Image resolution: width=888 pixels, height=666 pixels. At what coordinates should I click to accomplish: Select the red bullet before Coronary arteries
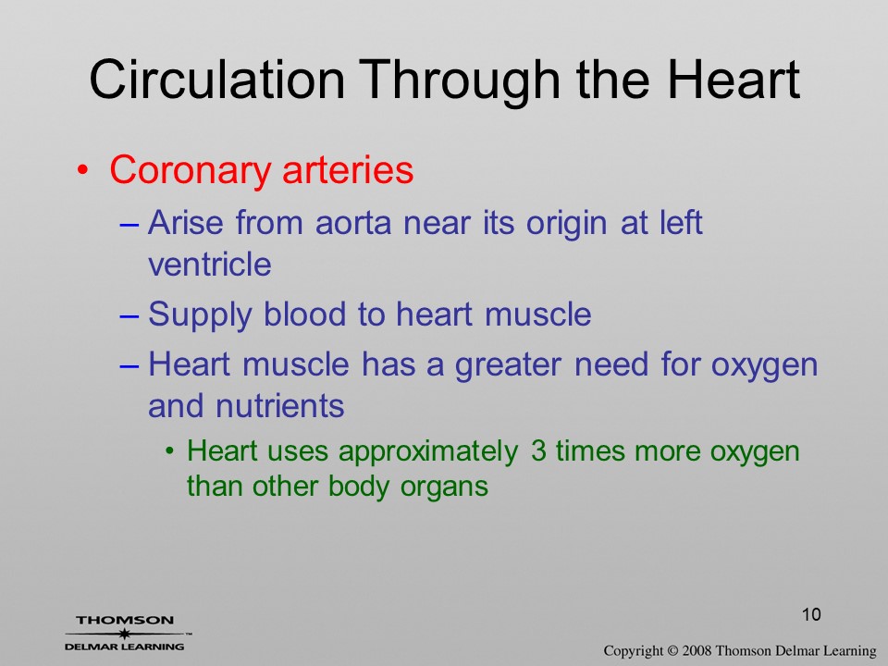coord(83,170)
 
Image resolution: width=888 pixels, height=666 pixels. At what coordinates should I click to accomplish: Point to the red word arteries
coord(348,169)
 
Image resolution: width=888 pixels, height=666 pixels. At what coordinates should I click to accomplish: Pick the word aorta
coord(353,223)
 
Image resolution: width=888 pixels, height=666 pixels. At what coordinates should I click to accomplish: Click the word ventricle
coord(210,264)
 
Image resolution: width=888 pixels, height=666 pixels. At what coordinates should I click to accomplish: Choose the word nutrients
coord(279,406)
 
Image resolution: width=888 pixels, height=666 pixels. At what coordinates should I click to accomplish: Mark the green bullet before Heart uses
coord(169,451)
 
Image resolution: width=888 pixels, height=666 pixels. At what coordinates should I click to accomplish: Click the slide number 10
coord(811,614)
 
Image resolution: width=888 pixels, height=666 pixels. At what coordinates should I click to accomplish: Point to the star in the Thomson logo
coord(124,634)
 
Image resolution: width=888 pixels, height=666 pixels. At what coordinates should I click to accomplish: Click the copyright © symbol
coord(672,650)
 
